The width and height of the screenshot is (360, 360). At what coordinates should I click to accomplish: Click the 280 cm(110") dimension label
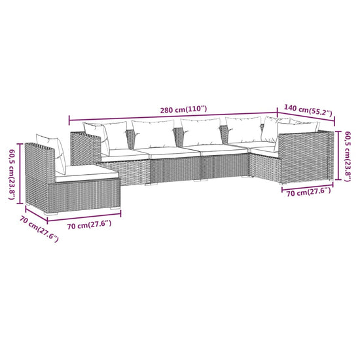[x=184, y=109]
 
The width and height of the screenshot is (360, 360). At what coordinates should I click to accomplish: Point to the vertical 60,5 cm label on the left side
[x=10, y=171]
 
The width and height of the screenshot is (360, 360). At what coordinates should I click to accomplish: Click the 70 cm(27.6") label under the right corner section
[x=306, y=191]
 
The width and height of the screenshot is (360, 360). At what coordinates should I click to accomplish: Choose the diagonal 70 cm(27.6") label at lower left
[x=38, y=230]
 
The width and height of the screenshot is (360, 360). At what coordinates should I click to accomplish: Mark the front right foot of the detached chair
[x=118, y=209]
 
